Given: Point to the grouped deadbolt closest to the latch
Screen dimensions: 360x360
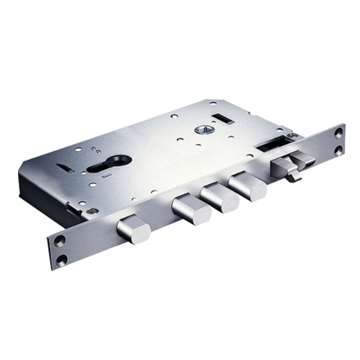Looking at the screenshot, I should tap(248, 183).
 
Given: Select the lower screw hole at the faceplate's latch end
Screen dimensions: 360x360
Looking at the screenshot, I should tap(339, 149).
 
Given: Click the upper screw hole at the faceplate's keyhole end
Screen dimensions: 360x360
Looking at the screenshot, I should tap(59, 242).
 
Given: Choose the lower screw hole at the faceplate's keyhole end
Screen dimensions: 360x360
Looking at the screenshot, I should tap(61, 260).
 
